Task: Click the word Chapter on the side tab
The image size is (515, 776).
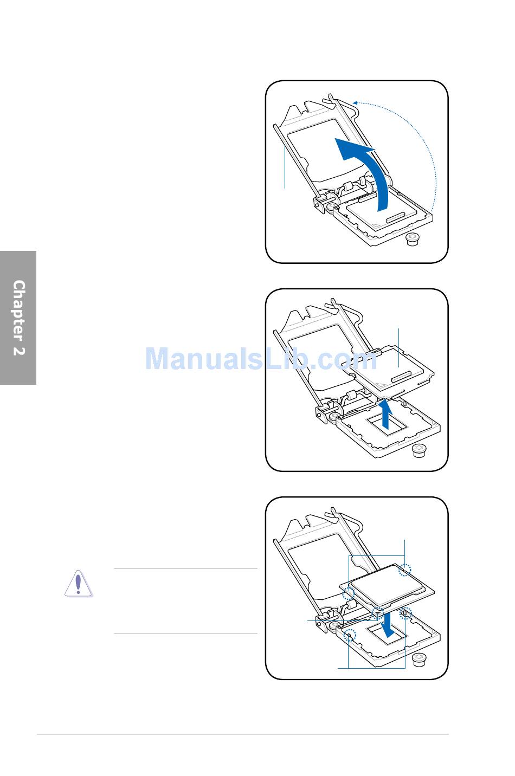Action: tap(19, 310)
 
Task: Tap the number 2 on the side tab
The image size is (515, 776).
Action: tap(19, 351)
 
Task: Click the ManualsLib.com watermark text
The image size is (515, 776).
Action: tap(261, 358)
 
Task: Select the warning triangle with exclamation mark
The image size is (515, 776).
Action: tap(78, 584)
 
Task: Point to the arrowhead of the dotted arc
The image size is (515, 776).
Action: tap(355, 102)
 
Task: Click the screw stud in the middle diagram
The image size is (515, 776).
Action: tap(419, 451)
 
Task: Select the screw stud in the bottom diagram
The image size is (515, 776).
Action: tap(419, 659)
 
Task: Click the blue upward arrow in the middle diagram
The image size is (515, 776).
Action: tap(385, 414)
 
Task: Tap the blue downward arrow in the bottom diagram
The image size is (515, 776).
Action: tap(387, 624)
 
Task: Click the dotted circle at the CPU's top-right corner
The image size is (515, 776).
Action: tap(405, 570)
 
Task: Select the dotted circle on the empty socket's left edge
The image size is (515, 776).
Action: tap(350, 635)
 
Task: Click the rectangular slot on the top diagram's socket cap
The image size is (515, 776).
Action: tap(396, 217)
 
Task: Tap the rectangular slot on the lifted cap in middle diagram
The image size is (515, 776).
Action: tap(401, 377)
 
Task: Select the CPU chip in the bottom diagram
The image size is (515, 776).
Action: tap(387, 587)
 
